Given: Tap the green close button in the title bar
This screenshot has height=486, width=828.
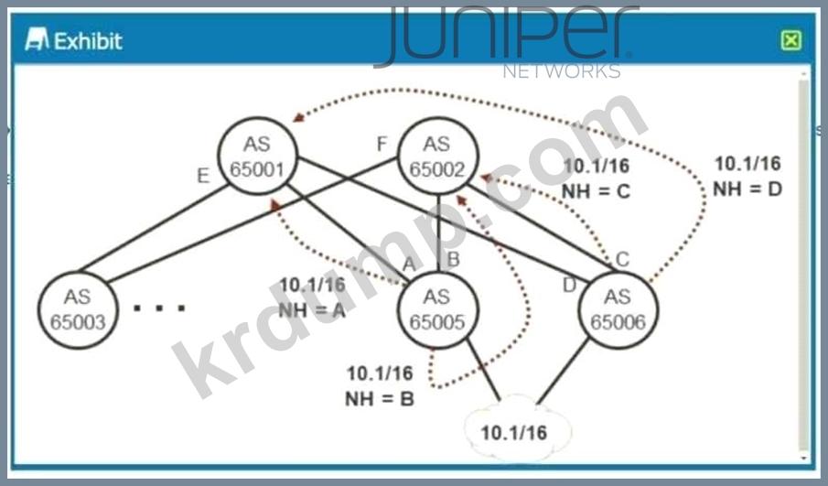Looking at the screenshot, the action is pyautogui.click(x=791, y=40).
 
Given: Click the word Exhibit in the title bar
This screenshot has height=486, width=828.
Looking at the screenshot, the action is pyautogui.click(x=88, y=41).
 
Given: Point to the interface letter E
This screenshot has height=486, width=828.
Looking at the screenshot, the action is pyautogui.click(x=203, y=176).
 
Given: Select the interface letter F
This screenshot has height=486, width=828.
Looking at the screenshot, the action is pyautogui.click(x=382, y=144).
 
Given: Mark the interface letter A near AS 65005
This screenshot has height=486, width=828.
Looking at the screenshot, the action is pyautogui.click(x=409, y=263).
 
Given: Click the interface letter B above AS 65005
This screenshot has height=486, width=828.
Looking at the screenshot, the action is pyautogui.click(x=453, y=259).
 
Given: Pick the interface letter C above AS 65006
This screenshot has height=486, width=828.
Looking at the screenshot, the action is pyautogui.click(x=623, y=259).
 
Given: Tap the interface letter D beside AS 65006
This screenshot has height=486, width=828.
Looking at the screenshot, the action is pyautogui.click(x=569, y=286).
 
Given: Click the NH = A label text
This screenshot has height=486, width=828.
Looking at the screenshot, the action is pyautogui.click(x=312, y=310).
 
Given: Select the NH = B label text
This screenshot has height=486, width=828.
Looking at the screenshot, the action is pyautogui.click(x=380, y=399).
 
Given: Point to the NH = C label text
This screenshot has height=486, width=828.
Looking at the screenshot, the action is pyautogui.click(x=597, y=191).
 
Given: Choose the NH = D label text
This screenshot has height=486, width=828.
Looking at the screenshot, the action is pyautogui.click(x=747, y=189).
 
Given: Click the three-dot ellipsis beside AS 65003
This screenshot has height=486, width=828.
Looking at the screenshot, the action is pyautogui.click(x=159, y=308).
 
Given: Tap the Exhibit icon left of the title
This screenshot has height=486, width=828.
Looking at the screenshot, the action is pyautogui.click(x=37, y=39).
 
